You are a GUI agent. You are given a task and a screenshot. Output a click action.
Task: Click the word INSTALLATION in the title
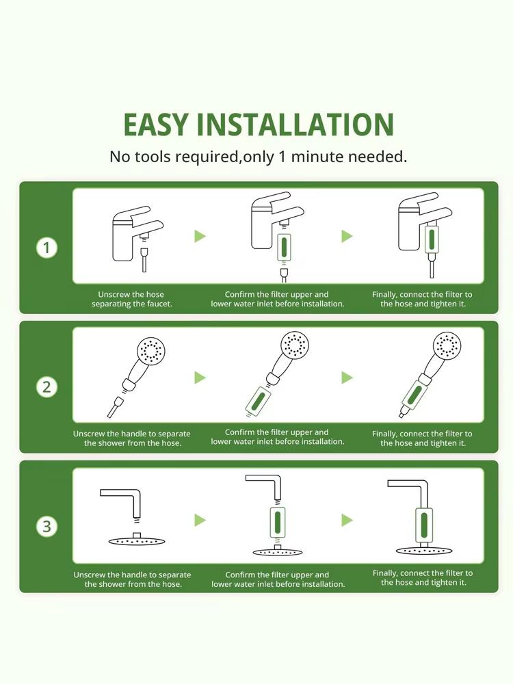[x=305, y=125]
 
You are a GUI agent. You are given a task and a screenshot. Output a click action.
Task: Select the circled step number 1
[x=47, y=247]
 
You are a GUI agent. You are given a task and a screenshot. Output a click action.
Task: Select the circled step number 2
[x=47, y=386]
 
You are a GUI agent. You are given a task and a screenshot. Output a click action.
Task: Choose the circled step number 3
[x=47, y=526]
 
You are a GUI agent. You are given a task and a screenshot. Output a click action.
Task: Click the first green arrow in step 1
[x=200, y=236]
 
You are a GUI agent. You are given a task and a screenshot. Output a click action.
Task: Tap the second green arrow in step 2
[x=347, y=378]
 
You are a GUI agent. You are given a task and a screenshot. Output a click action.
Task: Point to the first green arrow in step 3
[x=200, y=520]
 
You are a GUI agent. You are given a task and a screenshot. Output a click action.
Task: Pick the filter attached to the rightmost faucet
[x=431, y=240]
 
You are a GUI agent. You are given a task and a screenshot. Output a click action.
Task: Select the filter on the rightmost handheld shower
[x=412, y=395]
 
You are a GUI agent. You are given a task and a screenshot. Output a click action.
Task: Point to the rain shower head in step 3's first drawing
[x=137, y=540]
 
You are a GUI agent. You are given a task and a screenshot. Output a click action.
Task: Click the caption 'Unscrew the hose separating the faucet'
[x=131, y=299]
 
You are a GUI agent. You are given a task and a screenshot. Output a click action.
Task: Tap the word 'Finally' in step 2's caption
[x=384, y=434]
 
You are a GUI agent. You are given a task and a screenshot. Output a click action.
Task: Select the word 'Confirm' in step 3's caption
[x=240, y=575]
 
